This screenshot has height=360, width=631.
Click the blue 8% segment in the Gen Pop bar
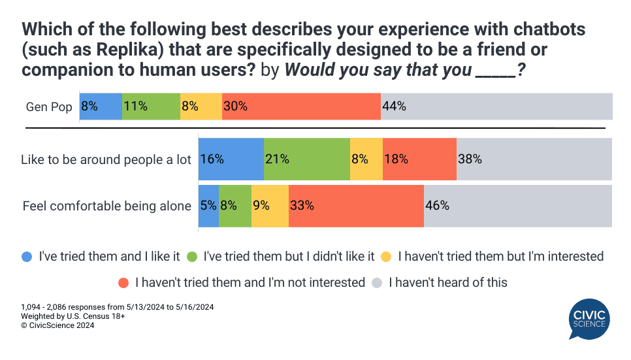coord(101,106)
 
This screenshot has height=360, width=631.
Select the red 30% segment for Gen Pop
coord(301,106)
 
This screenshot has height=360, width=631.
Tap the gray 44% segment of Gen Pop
coord(496,106)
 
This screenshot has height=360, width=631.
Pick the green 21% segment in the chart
coord(306,159)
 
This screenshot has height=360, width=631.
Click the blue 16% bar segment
coord(231,159)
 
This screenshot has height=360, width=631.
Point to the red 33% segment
coord(356,206)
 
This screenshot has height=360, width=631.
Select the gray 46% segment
coord(517,206)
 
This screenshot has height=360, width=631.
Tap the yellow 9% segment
coord(270,206)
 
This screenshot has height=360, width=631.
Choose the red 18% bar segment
coord(419,159)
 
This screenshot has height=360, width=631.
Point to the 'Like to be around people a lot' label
coord(106,159)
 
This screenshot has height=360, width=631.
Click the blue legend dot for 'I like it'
coord(27,257)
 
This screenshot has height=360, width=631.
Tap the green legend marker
coord(193,257)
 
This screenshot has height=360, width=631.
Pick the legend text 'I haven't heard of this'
coord(447,283)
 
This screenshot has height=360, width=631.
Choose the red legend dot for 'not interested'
coord(123,283)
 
